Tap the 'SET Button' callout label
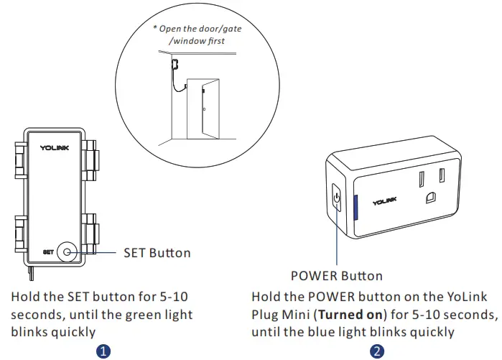point(157,252)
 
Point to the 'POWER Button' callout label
point(337,275)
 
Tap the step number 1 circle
point(104,351)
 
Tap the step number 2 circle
point(378,351)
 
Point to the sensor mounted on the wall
point(174,64)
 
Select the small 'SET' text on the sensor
point(48,252)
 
